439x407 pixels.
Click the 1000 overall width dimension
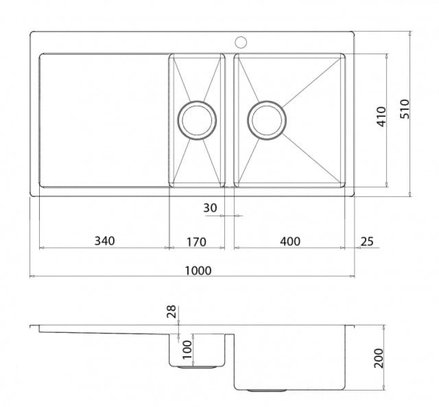(x=198, y=271)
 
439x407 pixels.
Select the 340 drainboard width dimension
(x=105, y=241)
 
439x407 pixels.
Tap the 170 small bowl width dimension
(x=196, y=241)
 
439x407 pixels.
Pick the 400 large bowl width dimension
(x=290, y=241)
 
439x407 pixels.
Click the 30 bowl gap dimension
(x=210, y=208)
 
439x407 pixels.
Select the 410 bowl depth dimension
(x=381, y=116)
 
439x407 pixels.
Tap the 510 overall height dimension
(x=404, y=109)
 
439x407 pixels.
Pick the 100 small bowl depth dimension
(x=187, y=349)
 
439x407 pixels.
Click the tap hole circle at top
(x=241, y=42)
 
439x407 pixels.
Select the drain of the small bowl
(x=197, y=120)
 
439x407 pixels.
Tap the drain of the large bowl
(x=267, y=120)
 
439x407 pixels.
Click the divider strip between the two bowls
(x=229, y=120)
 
